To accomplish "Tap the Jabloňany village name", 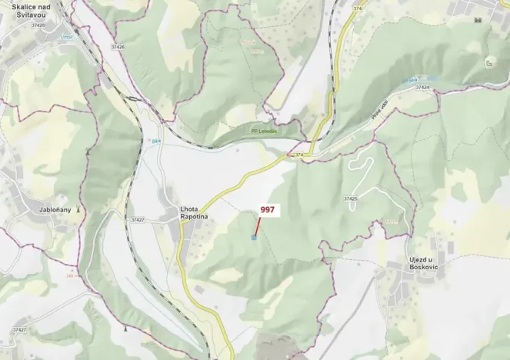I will (56, 208).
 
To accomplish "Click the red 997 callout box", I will (268, 209).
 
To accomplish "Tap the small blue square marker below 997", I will (254, 238).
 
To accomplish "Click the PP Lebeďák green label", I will (266, 131).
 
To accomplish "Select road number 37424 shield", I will (422, 88).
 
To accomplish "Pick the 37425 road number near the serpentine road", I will (351, 199).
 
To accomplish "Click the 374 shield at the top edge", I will (358, 8).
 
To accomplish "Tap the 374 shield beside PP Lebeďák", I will (299, 155).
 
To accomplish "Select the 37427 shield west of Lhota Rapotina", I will (138, 220).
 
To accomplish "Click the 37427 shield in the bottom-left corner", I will (19, 330).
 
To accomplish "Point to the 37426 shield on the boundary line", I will (118, 47).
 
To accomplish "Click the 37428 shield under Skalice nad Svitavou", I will (38, 25).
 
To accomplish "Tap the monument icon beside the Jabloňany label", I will (78, 208).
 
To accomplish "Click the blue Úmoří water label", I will (66, 37).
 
